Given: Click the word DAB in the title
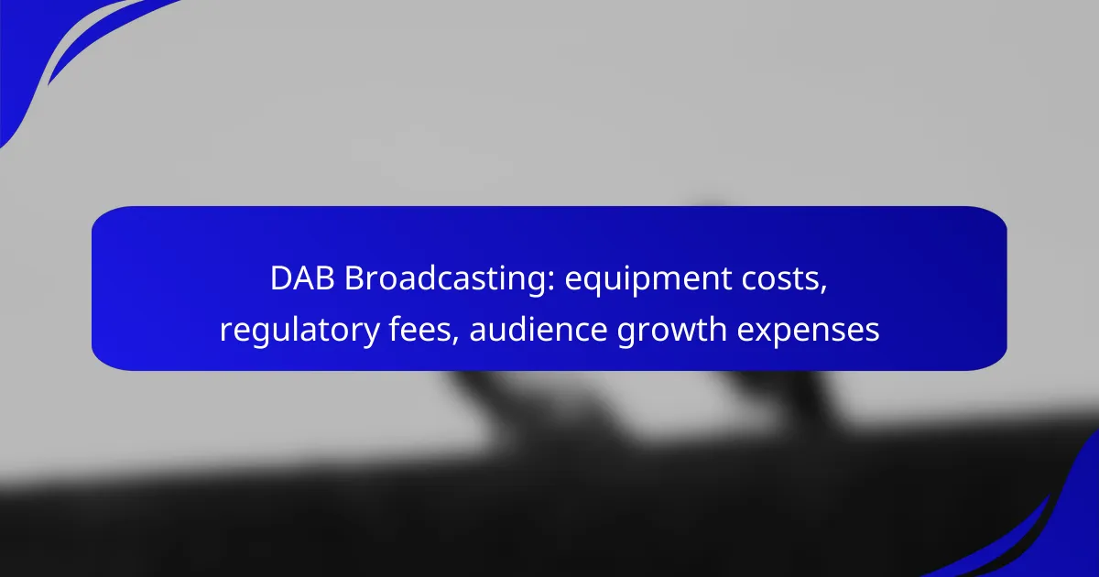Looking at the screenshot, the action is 302,278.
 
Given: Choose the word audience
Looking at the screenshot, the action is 539,329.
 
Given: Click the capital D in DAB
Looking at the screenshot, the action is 281,278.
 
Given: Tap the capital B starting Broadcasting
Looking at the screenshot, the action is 354,278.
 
